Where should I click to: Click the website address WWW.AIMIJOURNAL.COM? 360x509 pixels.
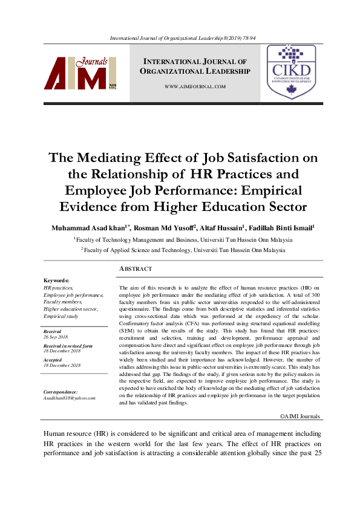[x=195, y=87]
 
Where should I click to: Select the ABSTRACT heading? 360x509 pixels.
[x=136, y=268]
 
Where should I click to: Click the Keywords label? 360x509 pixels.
[x=57, y=280]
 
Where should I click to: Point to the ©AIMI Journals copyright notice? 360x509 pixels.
[x=300, y=417]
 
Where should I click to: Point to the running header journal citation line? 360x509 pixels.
[x=180, y=37]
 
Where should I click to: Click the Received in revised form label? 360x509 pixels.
[x=68, y=346]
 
